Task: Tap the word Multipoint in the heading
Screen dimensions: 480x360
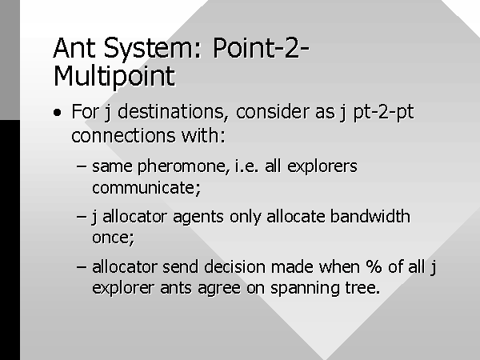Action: click(x=114, y=77)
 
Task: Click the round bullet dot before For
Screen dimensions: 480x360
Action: click(x=58, y=113)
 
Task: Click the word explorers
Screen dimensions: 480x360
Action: click(x=322, y=167)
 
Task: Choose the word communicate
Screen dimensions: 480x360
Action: click(x=146, y=188)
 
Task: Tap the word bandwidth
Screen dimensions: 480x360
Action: click(x=370, y=217)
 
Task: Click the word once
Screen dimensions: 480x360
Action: click(x=113, y=238)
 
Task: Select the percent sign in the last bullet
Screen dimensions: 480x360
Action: click(x=374, y=266)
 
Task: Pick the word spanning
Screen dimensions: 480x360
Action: click(x=305, y=289)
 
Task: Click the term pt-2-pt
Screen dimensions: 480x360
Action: click(x=383, y=112)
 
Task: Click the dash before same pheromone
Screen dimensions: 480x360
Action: click(x=81, y=166)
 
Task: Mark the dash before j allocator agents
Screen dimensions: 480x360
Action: click(x=81, y=217)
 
